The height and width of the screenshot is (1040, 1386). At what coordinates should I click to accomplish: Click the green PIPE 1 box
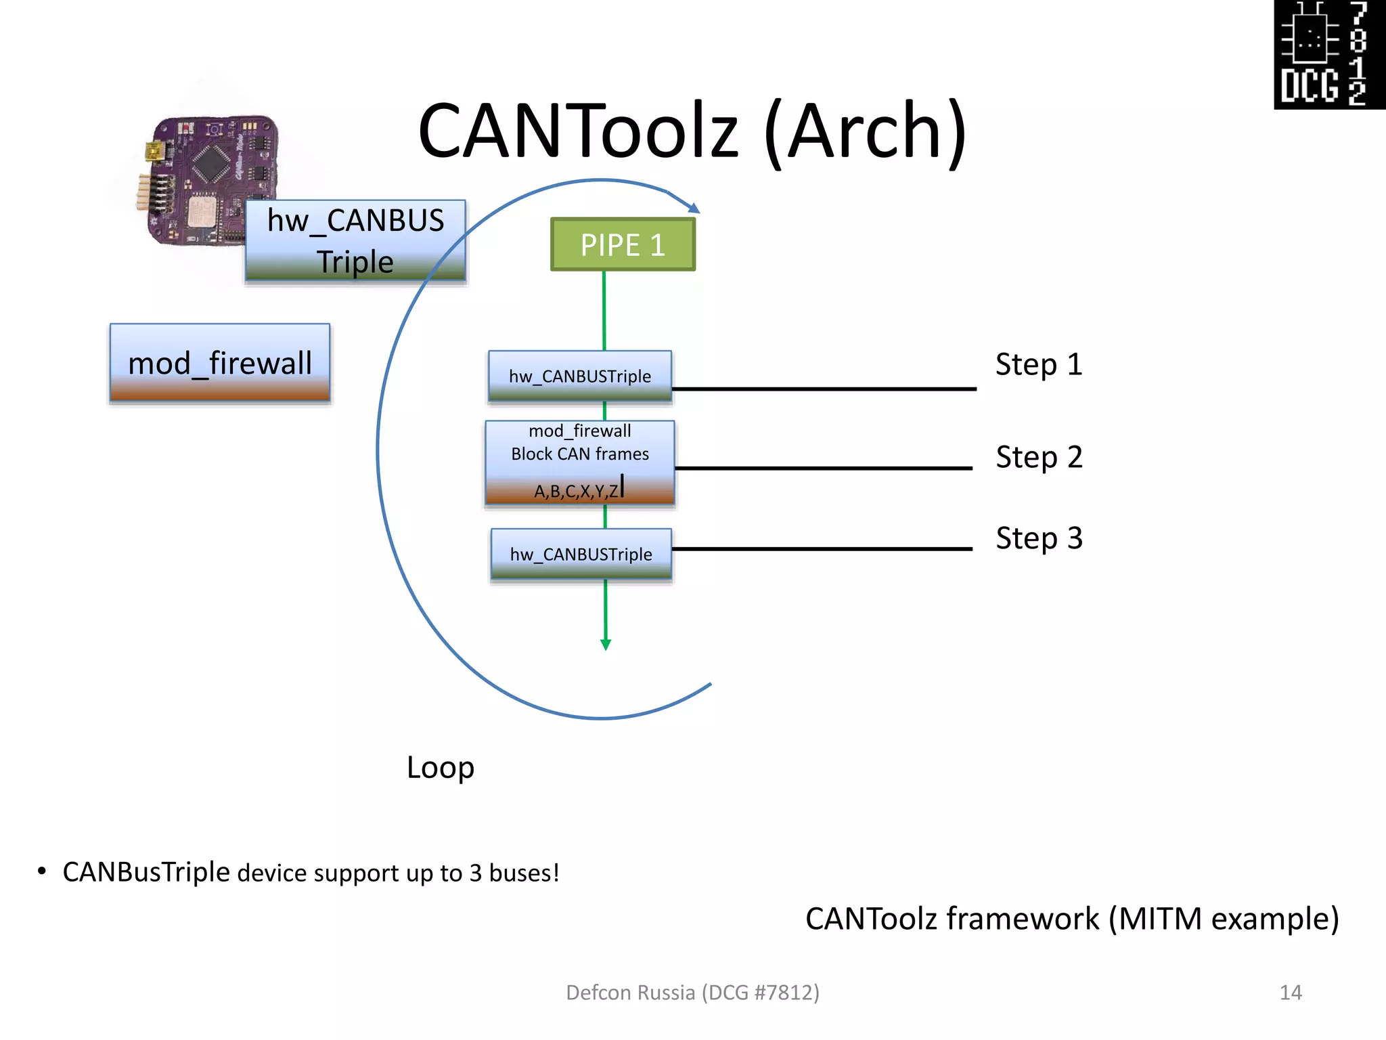(x=623, y=244)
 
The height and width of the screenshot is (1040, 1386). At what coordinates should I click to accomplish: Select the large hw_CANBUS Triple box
(x=355, y=240)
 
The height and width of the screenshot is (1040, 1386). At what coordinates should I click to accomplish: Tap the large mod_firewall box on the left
(x=220, y=363)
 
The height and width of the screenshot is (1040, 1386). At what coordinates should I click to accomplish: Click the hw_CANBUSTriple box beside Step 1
(x=580, y=376)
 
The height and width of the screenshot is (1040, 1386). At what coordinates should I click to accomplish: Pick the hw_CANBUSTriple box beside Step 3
(x=581, y=554)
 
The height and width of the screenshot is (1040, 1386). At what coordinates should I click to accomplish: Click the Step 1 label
(x=1039, y=364)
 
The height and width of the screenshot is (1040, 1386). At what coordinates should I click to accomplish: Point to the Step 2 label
(x=1039, y=457)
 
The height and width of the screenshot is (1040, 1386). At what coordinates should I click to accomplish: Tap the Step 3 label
(x=1039, y=538)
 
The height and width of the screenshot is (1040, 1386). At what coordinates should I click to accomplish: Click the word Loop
(x=441, y=767)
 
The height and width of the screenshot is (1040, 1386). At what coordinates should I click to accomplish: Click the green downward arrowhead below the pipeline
(x=606, y=644)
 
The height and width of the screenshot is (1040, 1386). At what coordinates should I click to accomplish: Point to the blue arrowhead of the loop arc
(x=694, y=208)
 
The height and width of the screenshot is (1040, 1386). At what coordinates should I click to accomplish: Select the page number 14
(x=1291, y=992)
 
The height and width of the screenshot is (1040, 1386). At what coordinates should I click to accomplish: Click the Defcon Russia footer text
(x=692, y=992)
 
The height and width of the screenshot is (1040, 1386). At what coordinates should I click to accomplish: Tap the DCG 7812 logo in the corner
(x=1329, y=54)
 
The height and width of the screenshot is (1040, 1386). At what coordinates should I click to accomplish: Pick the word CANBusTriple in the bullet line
(x=146, y=872)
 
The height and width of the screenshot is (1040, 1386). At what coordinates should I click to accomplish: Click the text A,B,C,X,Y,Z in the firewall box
(x=577, y=491)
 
